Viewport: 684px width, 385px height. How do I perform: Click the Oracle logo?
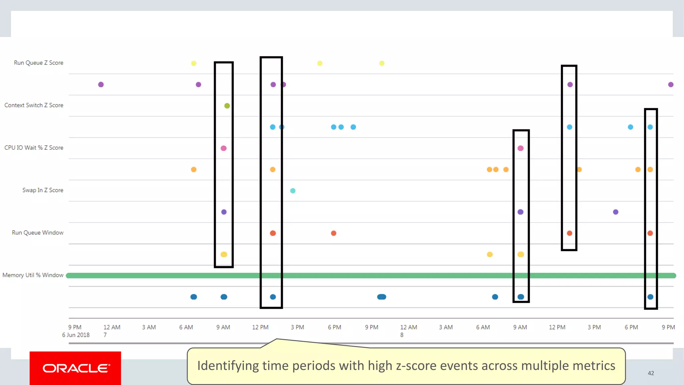point(75,368)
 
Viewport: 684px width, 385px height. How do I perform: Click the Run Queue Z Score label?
point(38,63)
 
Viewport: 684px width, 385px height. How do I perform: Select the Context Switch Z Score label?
point(34,105)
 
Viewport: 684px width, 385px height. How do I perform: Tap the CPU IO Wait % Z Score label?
point(34,148)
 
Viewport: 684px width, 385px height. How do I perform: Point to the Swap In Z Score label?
point(43,190)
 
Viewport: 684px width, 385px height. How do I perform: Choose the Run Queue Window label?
point(38,233)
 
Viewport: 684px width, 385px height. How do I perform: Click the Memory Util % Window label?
point(33,275)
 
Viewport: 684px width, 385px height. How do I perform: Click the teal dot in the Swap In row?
point(293,191)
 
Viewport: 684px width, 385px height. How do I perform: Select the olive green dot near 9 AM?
point(227,106)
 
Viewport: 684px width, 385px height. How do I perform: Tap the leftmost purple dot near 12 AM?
point(101,85)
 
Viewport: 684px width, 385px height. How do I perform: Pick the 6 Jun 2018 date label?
point(76,335)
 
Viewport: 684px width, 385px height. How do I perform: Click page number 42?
point(651,373)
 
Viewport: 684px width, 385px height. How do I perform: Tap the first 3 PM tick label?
point(297,327)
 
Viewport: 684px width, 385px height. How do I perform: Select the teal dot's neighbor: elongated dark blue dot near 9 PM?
point(381,297)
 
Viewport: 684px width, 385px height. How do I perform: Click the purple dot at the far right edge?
point(671,85)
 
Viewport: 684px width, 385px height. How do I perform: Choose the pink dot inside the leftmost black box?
point(224,148)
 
